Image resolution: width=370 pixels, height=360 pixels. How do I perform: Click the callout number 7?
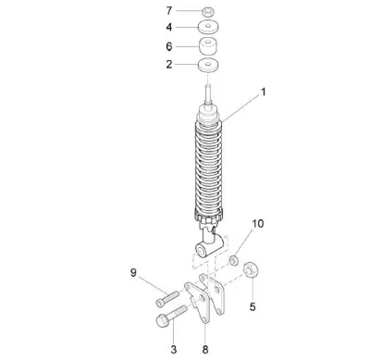tap(169, 11)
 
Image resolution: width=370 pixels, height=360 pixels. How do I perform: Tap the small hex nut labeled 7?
tap(209, 12)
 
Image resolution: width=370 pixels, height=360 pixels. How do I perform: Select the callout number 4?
tap(169, 27)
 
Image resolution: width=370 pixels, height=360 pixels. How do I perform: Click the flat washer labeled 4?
tap(208, 27)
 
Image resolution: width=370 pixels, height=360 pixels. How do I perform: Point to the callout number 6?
tap(169, 46)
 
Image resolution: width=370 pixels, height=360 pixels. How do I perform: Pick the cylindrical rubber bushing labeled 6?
tap(207, 46)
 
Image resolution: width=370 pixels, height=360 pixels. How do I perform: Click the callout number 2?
tap(169, 65)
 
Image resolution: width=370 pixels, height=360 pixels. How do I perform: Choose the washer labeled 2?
tap(208, 66)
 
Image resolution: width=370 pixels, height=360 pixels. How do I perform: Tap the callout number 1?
tap(264, 92)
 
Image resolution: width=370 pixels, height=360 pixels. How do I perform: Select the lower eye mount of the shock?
tap(208, 246)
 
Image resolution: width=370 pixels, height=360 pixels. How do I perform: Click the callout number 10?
tap(257, 224)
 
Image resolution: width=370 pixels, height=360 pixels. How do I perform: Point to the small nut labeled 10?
tap(233, 260)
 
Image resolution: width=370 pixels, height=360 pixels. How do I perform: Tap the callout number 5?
tap(253, 307)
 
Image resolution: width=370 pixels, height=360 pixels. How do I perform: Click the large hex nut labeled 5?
tap(251, 269)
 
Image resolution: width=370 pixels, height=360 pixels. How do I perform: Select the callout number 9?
tap(133, 273)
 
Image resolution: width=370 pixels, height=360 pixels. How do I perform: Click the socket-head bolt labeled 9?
tap(167, 299)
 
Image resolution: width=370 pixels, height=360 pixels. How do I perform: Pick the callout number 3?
tap(174, 350)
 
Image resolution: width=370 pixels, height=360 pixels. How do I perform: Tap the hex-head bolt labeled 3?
tap(171, 317)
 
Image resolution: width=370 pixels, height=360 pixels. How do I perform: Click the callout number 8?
tap(205, 350)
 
